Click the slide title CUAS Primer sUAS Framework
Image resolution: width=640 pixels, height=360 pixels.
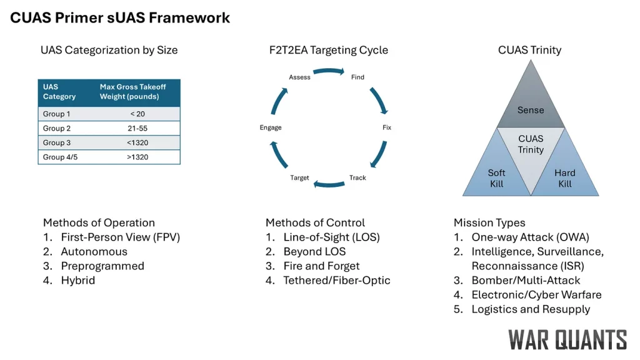tap(120, 17)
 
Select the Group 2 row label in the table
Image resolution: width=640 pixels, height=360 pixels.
tap(57, 128)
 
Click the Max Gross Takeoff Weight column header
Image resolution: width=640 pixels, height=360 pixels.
tap(133, 92)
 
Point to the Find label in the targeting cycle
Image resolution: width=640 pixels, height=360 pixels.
tap(357, 77)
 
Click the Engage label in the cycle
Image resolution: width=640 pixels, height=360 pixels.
tap(271, 127)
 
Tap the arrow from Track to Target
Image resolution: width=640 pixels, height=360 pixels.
tap(329, 184)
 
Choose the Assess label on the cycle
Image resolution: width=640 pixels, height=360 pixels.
tap(300, 77)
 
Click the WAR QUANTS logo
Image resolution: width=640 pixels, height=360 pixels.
tap(567, 339)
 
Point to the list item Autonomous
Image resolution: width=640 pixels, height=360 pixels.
tap(94, 252)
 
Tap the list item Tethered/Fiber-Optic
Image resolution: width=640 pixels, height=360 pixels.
tap(336, 281)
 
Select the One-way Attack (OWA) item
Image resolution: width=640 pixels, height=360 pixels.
tap(530, 237)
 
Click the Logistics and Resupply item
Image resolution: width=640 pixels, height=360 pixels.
tap(531, 309)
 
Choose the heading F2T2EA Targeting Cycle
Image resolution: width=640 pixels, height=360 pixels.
tap(324, 50)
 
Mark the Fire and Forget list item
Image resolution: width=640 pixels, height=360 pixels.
tap(321, 266)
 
